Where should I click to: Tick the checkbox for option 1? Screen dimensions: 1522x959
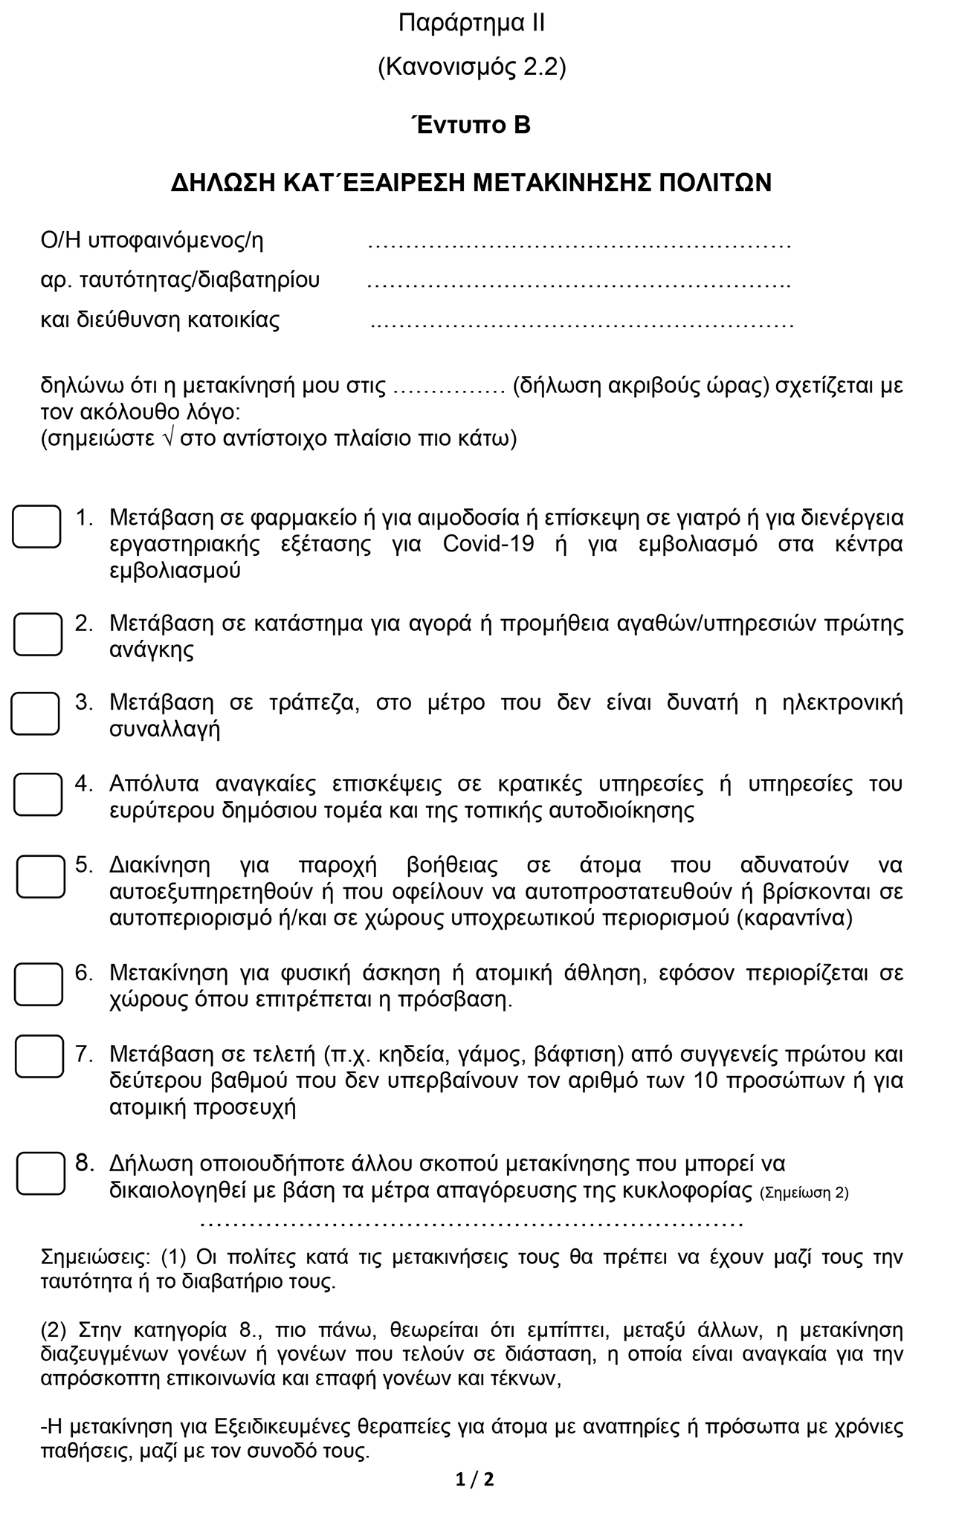point(36,526)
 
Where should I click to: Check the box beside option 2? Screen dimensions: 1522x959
point(38,634)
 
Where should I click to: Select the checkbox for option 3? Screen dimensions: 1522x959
point(35,713)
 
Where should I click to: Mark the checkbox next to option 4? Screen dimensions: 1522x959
point(38,794)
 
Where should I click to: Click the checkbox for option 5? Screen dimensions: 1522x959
point(41,875)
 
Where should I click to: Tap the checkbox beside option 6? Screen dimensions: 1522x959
point(39,984)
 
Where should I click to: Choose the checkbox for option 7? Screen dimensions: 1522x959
point(39,1055)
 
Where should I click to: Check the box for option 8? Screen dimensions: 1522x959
point(41,1173)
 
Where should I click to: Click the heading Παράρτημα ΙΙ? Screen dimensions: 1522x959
point(471,23)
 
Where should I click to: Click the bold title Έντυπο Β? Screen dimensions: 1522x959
point(471,125)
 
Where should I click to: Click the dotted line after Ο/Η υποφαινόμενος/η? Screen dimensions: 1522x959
point(579,244)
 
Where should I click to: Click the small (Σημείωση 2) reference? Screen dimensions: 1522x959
point(804,1194)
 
